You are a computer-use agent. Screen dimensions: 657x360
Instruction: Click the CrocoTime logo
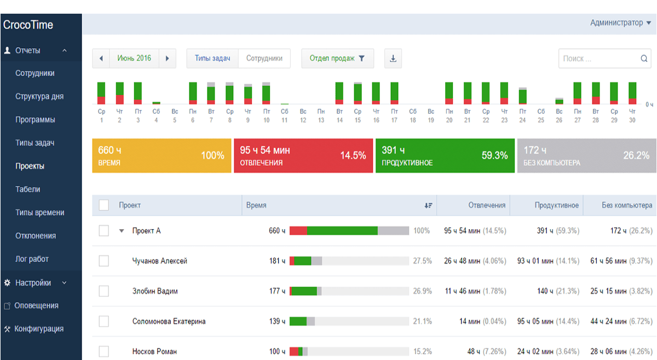[x=28, y=25]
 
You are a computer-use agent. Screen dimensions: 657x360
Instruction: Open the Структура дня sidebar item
[x=39, y=96]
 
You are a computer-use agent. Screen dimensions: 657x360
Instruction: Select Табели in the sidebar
[x=27, y=189]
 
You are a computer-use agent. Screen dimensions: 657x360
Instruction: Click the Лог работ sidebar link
[x=32, y=259]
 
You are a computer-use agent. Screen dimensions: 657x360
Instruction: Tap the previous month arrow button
[x=101, y=59]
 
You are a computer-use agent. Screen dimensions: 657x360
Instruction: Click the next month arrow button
[x=167, y=59]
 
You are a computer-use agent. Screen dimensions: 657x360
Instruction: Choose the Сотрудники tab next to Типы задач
[x=264, y=59]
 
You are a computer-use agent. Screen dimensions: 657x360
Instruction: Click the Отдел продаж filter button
[x=337, y=59]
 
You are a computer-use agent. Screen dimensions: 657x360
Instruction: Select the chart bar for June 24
[x=523, y=96]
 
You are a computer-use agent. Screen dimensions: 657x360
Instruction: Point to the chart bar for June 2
[x=120, y=93]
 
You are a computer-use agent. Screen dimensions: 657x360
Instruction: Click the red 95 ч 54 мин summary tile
[x=303, y=156]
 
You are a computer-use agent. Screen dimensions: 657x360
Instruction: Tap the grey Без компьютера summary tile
[x=586, y=156]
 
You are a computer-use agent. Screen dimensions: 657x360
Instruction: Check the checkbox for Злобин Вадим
[x=104, y=291]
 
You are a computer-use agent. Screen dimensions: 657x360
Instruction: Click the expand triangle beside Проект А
[x=122, y=231]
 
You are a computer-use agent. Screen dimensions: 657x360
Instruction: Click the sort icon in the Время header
[x=428, y=205]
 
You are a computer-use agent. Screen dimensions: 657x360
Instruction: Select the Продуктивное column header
[x=556, y=205]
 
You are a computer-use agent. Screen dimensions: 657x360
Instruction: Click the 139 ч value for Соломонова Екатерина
[x=277, y=321]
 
